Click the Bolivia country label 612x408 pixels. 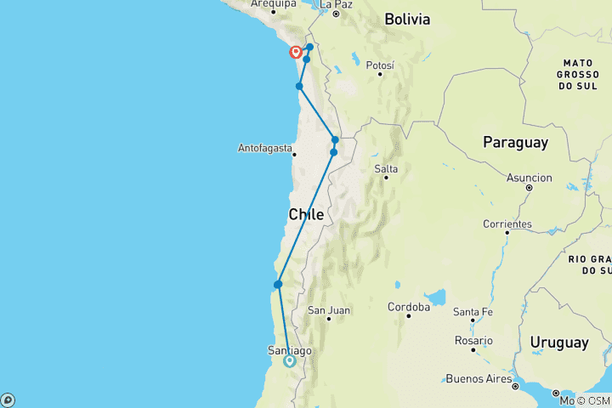coord(407,19)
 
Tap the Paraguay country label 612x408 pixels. coord(515,143)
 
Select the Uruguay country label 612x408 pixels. coord(558,342)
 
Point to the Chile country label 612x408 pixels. coord(306,215)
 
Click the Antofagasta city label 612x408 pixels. coord(264,149)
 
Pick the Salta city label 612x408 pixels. coord(387,169)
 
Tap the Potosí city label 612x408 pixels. coord(379,65)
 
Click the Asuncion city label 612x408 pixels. coord(529,178)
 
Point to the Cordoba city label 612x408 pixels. coord(407,306)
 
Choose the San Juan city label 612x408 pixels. coord(329,310)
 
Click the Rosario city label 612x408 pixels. coord(473,340)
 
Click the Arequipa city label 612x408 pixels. coord(272,4)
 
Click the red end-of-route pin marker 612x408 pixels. coord(296,52)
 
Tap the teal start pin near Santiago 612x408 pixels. coord(289,360)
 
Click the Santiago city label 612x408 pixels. coord(289,350)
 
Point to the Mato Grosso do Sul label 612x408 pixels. coord(582,75)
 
